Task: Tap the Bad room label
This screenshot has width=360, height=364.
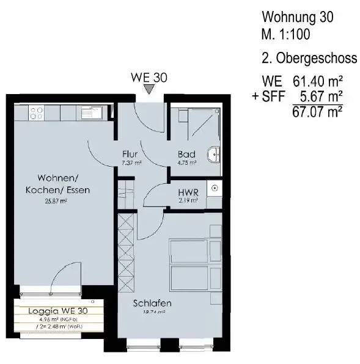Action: [186, 154]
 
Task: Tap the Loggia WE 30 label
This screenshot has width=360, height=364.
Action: [58, 310]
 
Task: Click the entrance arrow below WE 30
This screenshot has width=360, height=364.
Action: [150, 90]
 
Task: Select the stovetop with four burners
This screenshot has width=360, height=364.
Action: [36, 112]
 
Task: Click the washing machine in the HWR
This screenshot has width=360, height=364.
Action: [215, 188]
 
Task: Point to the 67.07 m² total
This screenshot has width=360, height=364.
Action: [318, 111]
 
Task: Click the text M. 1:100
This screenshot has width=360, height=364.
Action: [286, 35]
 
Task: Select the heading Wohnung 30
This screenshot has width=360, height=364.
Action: [297, 17]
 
